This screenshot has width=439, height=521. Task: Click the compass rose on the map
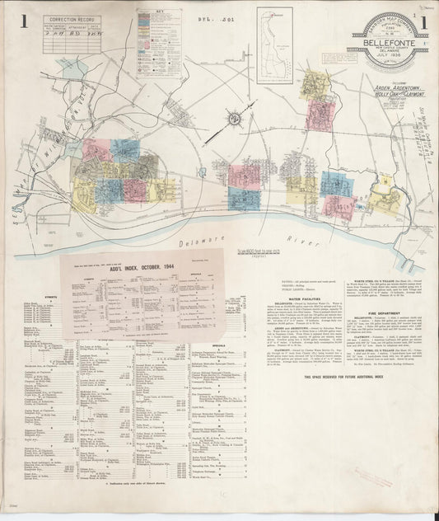pos(234,120)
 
